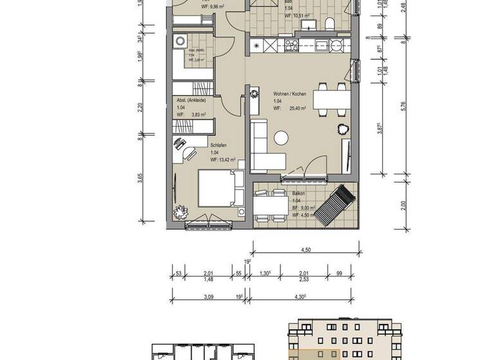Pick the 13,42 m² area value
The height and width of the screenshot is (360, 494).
tap(224, 160)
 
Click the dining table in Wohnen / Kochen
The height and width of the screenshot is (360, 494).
tap(331, 100)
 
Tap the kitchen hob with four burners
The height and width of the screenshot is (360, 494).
tap(290, 46)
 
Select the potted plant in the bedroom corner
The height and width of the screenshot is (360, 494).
tap(177, 213)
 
